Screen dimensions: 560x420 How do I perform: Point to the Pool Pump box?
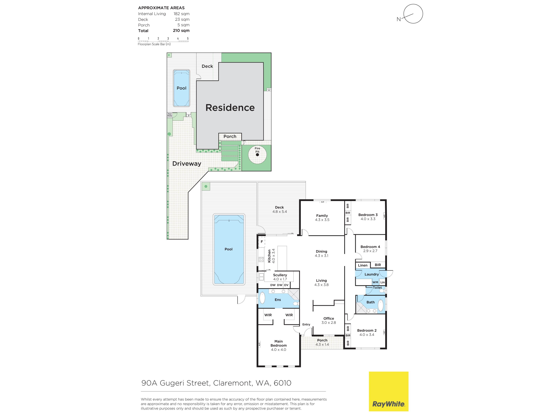(x=170, y=115)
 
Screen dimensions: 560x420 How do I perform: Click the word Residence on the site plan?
(x=230, y=108)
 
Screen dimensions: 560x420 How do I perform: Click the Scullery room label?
(x=280, y=275)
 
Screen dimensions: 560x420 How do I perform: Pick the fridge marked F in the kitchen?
(x=262, y=242)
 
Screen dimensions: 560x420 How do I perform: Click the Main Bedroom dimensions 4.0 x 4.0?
(x=279, y=350)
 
